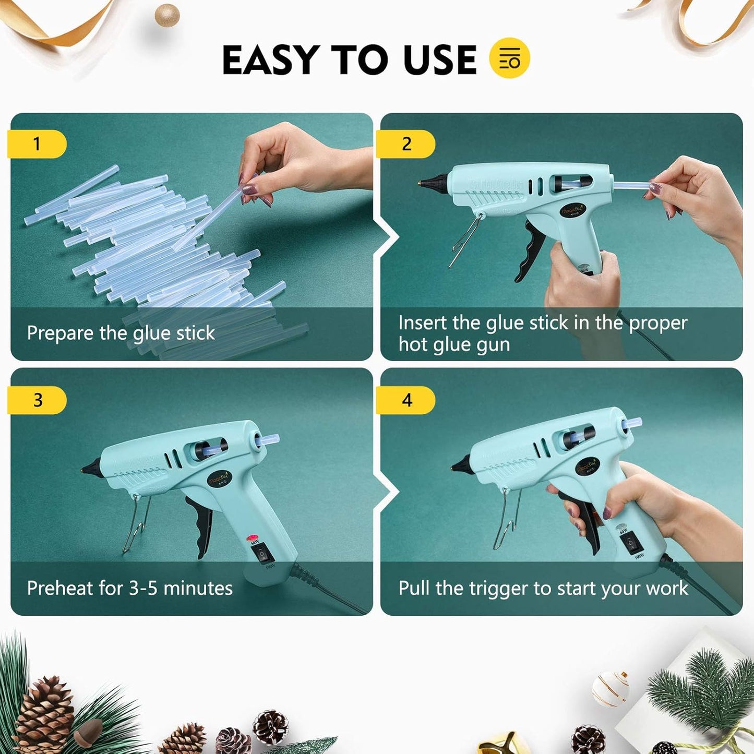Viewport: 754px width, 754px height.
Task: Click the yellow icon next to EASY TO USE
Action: (509, 58)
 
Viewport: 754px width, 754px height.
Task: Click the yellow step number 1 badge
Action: (37, 143)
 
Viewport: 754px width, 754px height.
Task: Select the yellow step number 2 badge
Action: (406, 144)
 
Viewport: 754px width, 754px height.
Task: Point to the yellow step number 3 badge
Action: (38, 400)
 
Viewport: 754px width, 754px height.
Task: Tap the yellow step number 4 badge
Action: (406, 400)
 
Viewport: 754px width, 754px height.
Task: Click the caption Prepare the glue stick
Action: (121, 333)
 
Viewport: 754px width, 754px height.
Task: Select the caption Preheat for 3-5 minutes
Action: (129, 588)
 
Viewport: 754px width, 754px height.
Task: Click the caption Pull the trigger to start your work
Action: (543, 588)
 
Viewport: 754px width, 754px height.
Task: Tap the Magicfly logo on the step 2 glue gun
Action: (572, 210)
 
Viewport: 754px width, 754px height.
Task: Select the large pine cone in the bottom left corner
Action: (44, 715)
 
